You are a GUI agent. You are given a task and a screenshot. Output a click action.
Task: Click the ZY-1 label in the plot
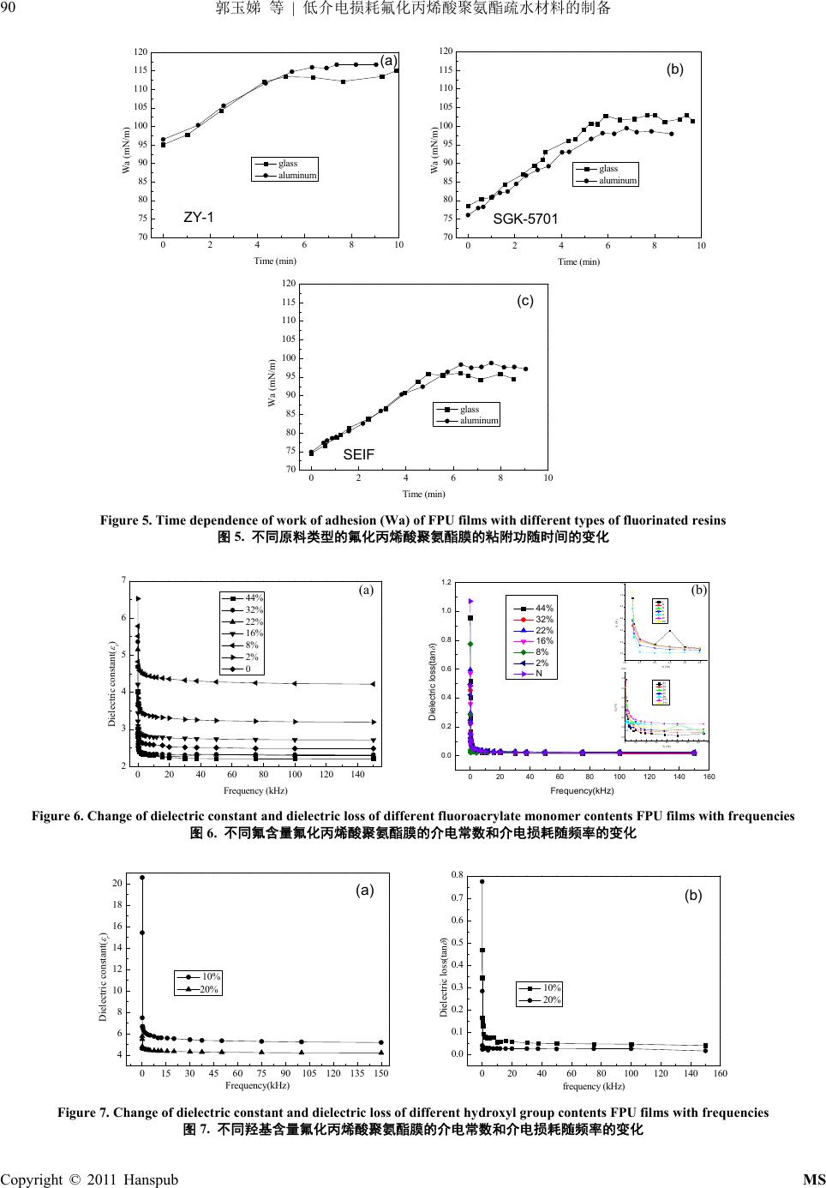coord(199,218)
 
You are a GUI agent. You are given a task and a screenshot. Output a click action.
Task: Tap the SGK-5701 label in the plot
coord(525,219)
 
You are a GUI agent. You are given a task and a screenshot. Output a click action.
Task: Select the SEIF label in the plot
coord(359,455)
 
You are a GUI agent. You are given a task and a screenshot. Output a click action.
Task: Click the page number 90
coord(9,9)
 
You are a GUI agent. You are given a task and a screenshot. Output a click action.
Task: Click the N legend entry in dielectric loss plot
coord(539,674)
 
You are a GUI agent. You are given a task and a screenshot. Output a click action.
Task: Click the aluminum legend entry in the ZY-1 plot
coord(297,175)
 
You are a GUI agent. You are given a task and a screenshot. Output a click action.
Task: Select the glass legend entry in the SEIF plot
coord(470,409)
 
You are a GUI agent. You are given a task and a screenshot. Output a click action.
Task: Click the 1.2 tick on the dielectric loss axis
coord(446,582)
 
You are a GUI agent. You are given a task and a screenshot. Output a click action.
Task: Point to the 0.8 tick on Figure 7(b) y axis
coord(458,875)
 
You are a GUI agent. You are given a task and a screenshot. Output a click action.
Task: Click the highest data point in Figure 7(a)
coord(142,877)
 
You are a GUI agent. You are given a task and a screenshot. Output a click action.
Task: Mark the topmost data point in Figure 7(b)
coord(482,881)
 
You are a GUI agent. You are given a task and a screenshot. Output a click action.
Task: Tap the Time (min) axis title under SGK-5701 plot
coord(578,261)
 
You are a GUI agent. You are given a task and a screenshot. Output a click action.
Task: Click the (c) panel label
coord(524,301)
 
